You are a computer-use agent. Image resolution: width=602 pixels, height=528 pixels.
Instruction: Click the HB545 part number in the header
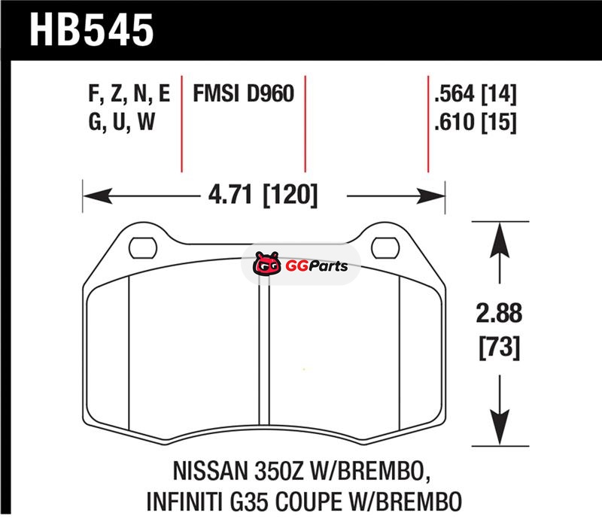coord(91,30)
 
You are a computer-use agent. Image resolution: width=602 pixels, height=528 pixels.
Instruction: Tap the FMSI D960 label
coord(243,93)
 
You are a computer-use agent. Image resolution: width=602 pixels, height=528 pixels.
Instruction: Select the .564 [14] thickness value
coord(476,93)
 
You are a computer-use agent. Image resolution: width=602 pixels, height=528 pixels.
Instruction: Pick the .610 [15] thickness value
coord(476,122)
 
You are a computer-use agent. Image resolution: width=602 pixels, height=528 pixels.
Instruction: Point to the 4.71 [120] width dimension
coord(263,195)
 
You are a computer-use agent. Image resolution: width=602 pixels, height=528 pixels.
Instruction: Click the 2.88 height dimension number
coord(499,313)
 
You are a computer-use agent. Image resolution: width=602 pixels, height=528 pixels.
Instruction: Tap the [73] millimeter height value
coord(500,347)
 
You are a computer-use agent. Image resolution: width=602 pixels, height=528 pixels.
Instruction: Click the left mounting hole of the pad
coord(143,248)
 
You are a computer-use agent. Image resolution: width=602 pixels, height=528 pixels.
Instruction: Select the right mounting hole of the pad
coord(385,247)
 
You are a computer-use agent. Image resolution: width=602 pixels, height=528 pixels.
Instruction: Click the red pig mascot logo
coord(266,263)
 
